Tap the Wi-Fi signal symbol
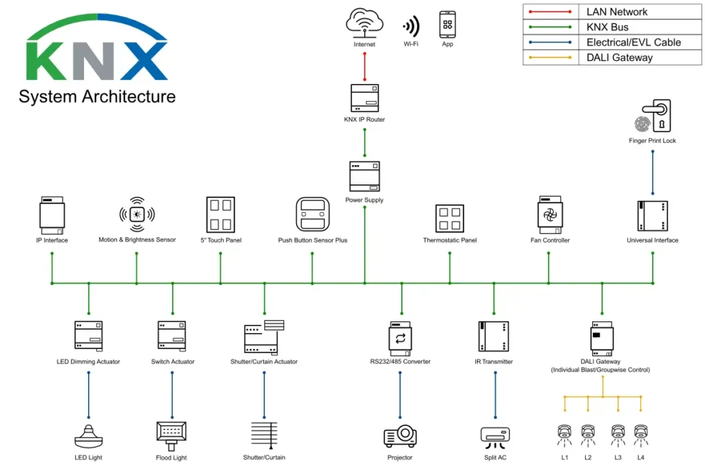pyautogui.click(x=411, y=27)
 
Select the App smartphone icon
pyautogui.click(x=448, y=25)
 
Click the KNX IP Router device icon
pyautogui.click(x=364, y=98)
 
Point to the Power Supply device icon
pyautogui.click(x=364, y=177)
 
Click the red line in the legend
pyautogui.click(x=549, y=12)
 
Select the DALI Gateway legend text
pyautogui.click(x=619, y=58)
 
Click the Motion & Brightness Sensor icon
pyautogui.click(x=136, y=214)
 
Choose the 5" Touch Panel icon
pyautogui.click(x=220, y=215)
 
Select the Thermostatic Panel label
pyautogui.click(x=450, y=240)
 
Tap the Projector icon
pyautogui.click(x=400, y=436)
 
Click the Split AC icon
pyautogui.click(x=494, y=436)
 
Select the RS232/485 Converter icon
pyautogui.click(x=400, y=337)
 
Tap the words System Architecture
pyautogui.click(x=97, y=96)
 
